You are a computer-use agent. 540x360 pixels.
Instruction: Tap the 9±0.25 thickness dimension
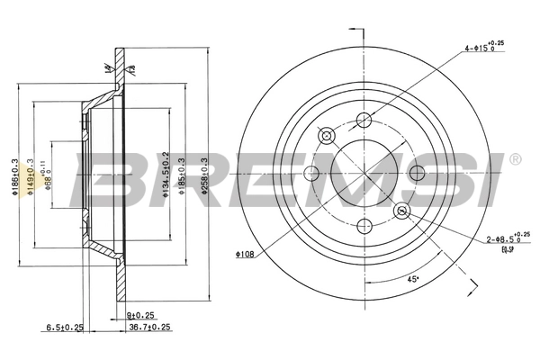141,315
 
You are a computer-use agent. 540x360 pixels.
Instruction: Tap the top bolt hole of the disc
364,121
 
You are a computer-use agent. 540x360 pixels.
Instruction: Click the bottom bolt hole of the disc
364,227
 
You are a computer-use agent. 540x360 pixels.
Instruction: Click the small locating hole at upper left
326,136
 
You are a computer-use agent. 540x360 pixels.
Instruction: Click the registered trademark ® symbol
514,159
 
